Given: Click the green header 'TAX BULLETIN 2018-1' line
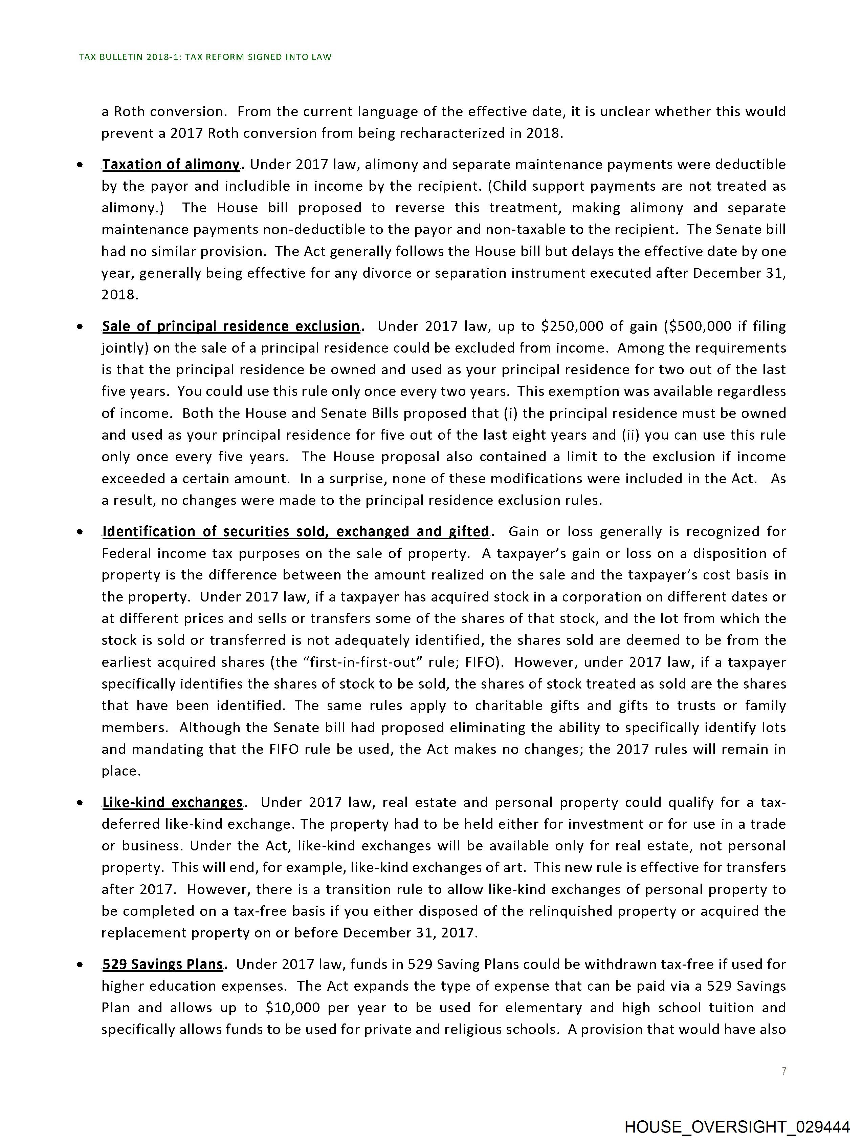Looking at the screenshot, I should pyautogui.click(x=205, y=57).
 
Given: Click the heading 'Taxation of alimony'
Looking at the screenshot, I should pyautogui.click(x=171, y=165).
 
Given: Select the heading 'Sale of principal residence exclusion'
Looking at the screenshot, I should pyautogui.click(x=231, y=326).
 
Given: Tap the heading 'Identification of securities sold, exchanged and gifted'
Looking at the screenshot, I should pyautogui.click(x=295, y=532).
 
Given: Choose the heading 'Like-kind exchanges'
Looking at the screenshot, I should pyautogui.click(x=172, y=803).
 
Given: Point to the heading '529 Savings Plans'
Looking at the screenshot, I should pyautogui.click(x=162, y=965).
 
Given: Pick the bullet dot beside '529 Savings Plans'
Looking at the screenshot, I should pyautogui.click(x=80, y=965).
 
